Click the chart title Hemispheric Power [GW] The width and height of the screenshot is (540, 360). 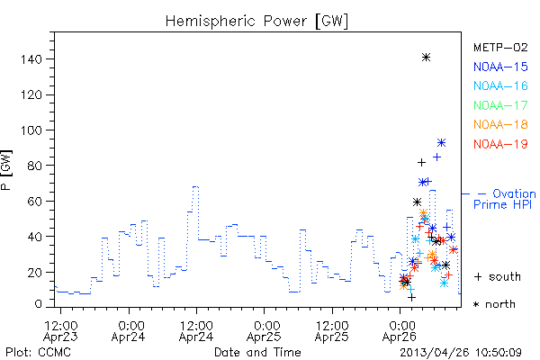256,21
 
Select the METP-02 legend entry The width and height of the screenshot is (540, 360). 500,47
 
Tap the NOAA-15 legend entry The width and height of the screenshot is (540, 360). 500,67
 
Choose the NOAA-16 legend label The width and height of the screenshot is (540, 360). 500,85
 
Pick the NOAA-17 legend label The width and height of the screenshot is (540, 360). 500,105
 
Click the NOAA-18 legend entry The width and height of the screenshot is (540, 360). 500,124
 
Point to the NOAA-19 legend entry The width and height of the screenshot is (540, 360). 500,144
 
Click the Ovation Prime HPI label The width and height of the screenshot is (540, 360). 505,199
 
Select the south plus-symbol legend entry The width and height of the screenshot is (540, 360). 498,276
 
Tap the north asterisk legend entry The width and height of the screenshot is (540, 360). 494,304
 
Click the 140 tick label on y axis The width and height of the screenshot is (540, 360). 31,59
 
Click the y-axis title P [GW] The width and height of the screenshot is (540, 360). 6,170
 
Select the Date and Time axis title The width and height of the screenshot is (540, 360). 257,353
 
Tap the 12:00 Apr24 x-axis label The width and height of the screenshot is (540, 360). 196,331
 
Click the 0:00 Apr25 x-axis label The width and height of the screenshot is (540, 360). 264,331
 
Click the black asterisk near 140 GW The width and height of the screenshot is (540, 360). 426,58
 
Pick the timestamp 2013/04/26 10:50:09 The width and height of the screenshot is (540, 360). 461,353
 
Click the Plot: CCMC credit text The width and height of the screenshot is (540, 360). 38,353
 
